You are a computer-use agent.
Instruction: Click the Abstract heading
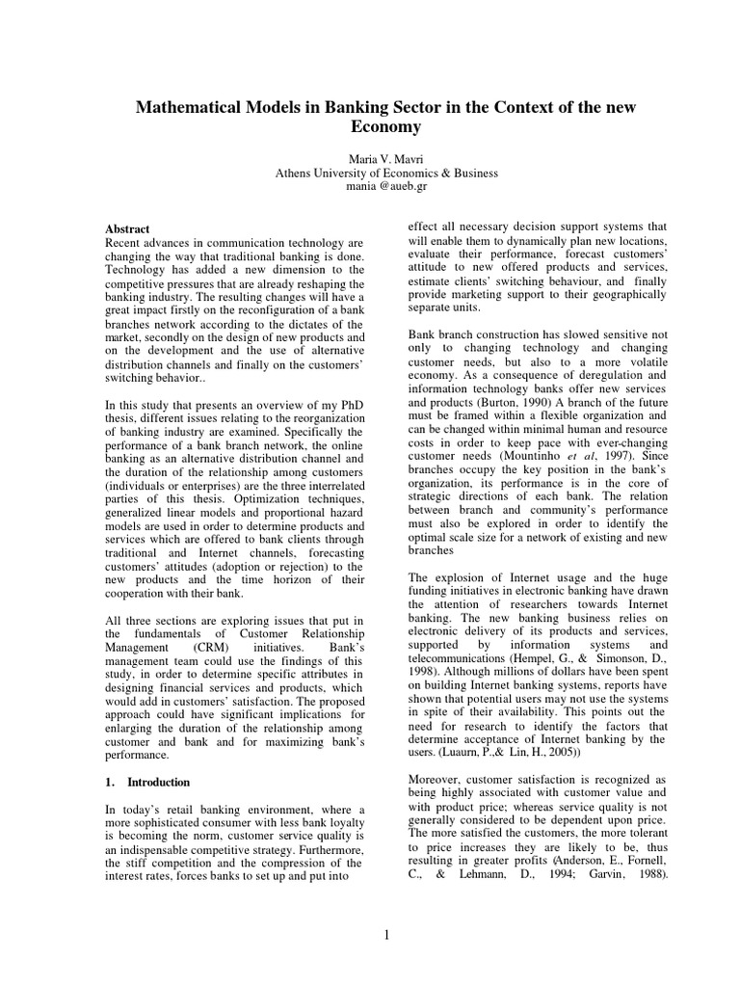[x=127, y=228]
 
